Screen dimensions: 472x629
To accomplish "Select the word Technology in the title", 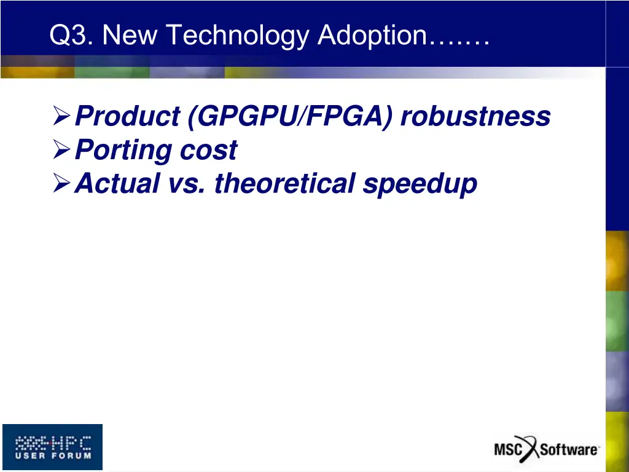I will pyautogui.click(x=238, y=36).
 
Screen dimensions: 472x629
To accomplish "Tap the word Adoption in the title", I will pyautogui.click(x=372, y=36).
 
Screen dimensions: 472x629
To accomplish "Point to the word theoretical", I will pyautogui.click(x=284, y=183).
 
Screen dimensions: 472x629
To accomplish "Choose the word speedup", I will pyautogui.click(x=420, y=184).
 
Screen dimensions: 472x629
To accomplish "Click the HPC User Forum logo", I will pyautogui.click(x=53, y=447).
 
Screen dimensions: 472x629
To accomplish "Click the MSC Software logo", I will pyautogui.click(x=546, y=449).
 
